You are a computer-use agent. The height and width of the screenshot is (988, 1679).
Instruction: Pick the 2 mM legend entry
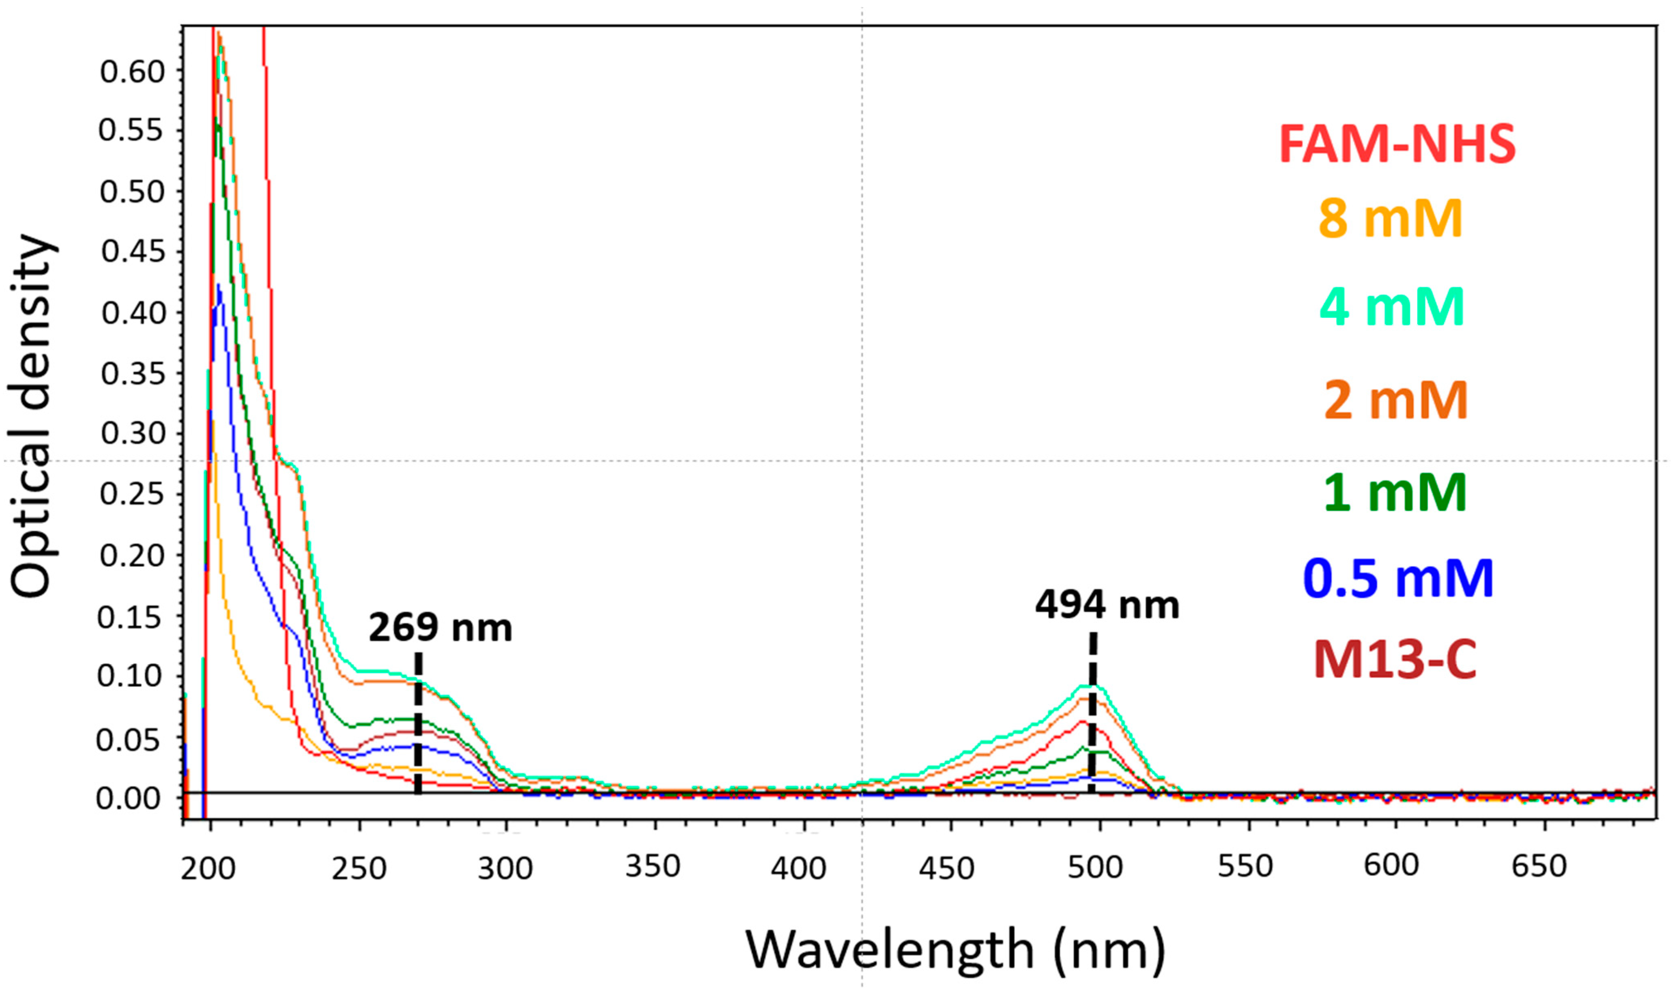coord(1396,400)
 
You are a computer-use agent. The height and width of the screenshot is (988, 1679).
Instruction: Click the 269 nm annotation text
coord(441,628)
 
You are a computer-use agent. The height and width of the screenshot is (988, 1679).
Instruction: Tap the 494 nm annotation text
coord(1107,605)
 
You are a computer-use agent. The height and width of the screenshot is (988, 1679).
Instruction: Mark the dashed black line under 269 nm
coord(418,723)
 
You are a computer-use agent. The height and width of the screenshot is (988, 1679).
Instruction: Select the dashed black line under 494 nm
coord(1093,713)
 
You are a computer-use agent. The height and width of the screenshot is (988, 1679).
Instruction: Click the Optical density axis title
coord(32,416)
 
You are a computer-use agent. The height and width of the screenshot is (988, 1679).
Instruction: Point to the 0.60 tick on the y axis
coord(132,71)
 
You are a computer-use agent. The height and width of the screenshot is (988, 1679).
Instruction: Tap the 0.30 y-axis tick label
coord(132,434)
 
